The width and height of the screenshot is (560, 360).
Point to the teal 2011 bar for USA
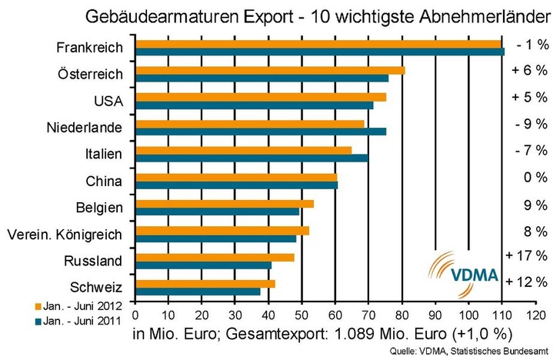254,105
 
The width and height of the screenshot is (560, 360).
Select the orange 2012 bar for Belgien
224,204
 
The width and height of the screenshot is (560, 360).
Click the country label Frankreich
90,48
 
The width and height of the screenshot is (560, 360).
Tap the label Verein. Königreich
64,234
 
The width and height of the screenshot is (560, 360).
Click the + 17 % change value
528,255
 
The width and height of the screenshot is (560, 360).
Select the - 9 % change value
531,123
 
